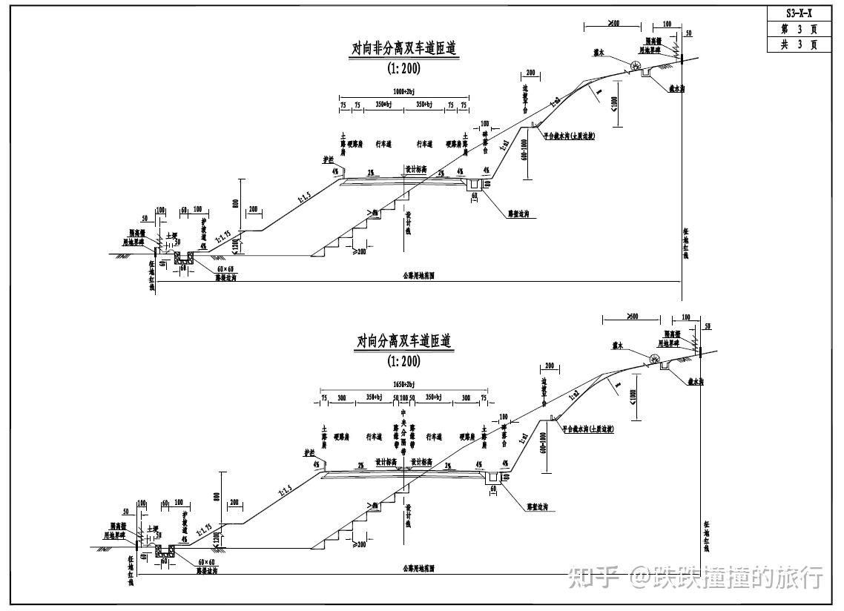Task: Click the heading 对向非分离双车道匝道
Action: [x=404, y=49]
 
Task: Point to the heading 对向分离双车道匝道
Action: [x=404, y=342]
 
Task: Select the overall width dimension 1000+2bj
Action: [x=404, y=92]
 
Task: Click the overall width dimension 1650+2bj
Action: [x=404, y=385]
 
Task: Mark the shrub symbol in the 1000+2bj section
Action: [x=636, y=67]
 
